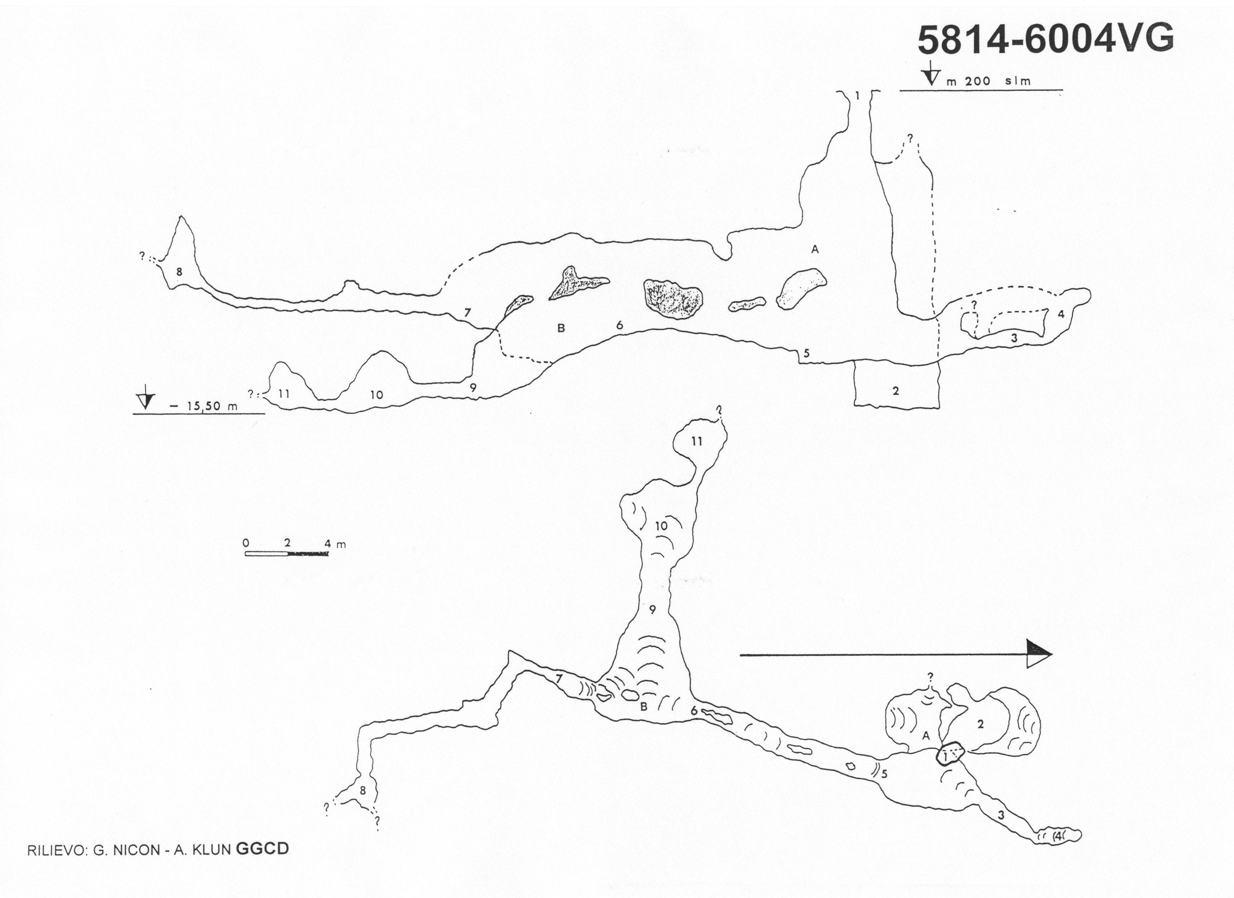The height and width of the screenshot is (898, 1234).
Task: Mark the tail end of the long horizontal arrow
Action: tap(740, 655)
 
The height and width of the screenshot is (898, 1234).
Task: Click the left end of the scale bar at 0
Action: tap(245, 554)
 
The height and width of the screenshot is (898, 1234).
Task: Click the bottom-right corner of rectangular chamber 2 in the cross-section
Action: tap(939, 407)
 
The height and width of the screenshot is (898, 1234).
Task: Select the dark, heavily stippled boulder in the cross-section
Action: tap(673, 299)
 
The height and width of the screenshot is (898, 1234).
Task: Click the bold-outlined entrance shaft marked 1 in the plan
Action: tap(950, 754)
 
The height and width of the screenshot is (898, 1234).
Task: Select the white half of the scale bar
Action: tap(266, 554)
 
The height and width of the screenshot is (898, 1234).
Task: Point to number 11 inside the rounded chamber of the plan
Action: tap(697, 442)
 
